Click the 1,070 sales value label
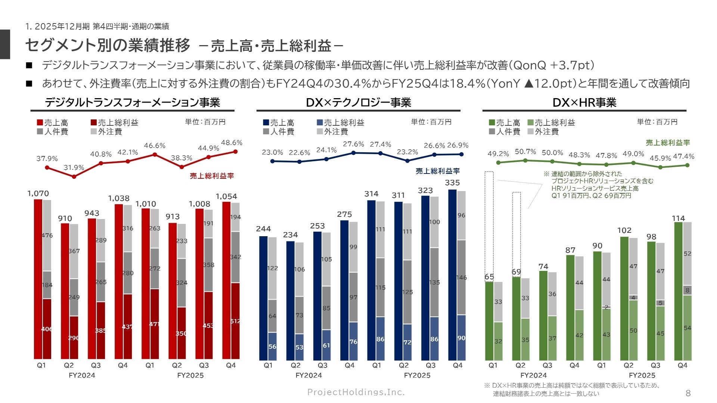coord(38,193)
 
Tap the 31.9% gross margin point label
coord(74,168)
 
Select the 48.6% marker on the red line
coord(235,151)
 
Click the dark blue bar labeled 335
coord(452,274)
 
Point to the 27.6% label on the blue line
coord(353,144)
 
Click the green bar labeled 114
coord(678,291)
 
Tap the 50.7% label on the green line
coord(525,151)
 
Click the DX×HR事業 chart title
coord(584,103)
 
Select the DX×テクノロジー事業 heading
coord(358,103)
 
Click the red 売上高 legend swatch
coord(40,122)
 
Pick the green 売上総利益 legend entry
coord(551,122)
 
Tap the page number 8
coord(688,393)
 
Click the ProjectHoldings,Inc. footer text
coord(356,392)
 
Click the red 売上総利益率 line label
coord(212,176)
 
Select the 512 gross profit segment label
coord(235,321)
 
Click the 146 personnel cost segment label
coord(461,277)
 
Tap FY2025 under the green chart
coord(642,375)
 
